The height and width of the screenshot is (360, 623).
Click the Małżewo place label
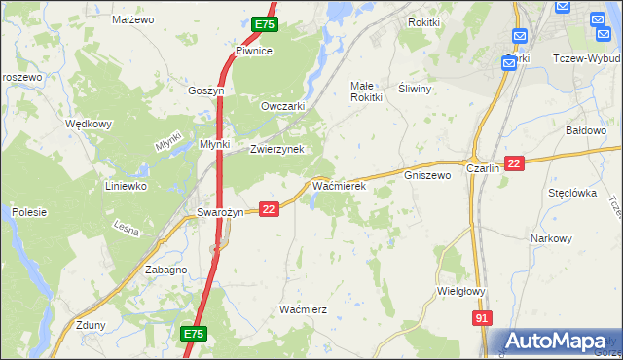[x=133, y=18]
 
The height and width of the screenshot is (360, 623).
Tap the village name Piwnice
[x=253, y=51]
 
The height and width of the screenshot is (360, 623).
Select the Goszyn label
[x=206, y=90]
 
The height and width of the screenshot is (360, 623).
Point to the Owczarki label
[x=284, y=106]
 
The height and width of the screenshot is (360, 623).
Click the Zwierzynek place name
[x=277, y=149]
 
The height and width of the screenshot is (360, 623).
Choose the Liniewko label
[x=126, y=185]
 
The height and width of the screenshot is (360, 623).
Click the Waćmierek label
[x=338, y=185]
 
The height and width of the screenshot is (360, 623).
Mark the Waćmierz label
[x=303, y=308]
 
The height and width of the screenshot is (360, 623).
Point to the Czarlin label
[x=483, y=167]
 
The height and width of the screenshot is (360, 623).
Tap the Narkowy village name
[x=551, y=238]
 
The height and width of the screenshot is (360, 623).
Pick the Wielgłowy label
[x=462, y=290]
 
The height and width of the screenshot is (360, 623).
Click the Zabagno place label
[x=165, y=270]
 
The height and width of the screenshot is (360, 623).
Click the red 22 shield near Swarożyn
[x=270, y=208]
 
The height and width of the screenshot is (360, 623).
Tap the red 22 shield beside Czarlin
[x=515, y=163]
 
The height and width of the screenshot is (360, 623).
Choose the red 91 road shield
[x=482, y=318]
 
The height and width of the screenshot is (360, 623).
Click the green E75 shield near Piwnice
[x=264, y=22]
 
